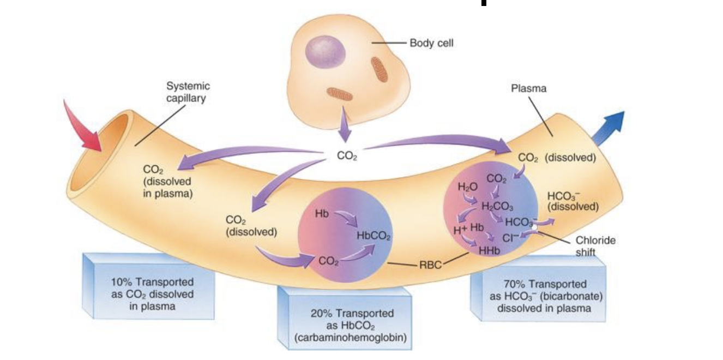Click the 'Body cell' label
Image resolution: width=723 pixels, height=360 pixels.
point(431,43)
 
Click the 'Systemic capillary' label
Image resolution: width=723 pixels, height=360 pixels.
point(188,91)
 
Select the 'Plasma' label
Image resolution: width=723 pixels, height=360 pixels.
point(528,88)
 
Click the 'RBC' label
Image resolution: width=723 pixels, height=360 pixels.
point(431,266)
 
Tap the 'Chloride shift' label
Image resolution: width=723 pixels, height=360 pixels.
point(595,246)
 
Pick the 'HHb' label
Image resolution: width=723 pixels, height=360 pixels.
point(489,251)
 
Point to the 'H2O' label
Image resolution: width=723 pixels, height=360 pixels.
point(467,187)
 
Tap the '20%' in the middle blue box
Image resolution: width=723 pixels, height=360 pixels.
point(322,314)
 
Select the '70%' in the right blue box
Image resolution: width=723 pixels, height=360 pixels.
point(512,284)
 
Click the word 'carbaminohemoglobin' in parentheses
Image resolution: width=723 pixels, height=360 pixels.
point(351,338)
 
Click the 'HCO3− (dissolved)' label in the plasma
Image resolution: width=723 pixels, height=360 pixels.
point(573,201)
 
